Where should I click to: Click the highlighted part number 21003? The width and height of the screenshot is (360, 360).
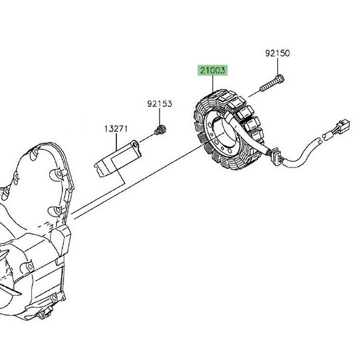pos(212,70)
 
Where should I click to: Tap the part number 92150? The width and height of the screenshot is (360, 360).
pos(277,53)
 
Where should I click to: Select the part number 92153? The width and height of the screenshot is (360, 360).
pos(160,104)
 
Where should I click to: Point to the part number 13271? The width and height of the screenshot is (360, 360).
pos(116,129)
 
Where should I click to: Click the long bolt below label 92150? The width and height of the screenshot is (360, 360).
pos(272,83)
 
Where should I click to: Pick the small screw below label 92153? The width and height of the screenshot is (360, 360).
pos(160,130)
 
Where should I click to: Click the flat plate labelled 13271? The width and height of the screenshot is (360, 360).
pos(118,158)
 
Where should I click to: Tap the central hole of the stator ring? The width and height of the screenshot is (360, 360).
pos(223,131)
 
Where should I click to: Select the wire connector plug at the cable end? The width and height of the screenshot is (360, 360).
pos(341,127)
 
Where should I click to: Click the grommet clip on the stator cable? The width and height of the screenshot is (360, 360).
pos(276,157)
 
